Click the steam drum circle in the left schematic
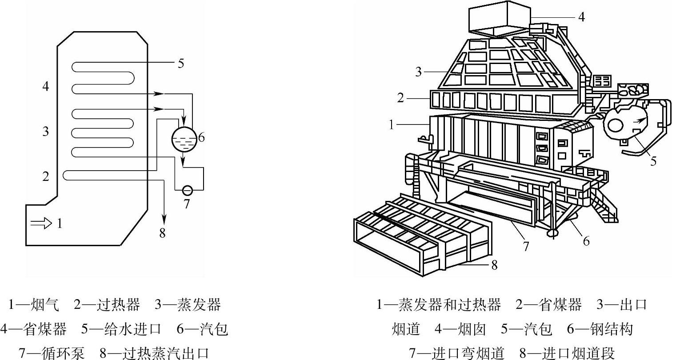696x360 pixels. coord(184,138)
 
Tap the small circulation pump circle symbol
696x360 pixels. coord(188,190)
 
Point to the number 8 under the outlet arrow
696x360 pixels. coord(163,232)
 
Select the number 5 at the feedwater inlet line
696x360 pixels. coord(180,64)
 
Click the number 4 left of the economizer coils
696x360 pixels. coord(46,86)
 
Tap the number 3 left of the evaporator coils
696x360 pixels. coord(46,132)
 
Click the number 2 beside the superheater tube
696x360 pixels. coord(46,176)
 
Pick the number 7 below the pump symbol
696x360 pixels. coord(187,204)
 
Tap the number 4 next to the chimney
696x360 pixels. coord(582,17)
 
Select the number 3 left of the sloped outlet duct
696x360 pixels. coord(418,72)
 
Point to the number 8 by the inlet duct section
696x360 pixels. coord(494,265)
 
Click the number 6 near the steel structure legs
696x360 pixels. coord(586,241)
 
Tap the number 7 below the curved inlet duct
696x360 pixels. coord(526,246)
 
